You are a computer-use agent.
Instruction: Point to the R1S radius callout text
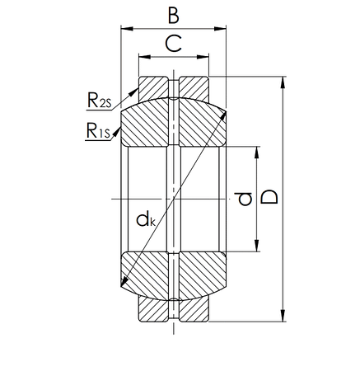pyautogui.click(x=97, y=130)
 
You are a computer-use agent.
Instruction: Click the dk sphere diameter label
pyautogui.click(x=146, y=218)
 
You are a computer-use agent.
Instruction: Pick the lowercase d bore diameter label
pyautogui.click(x=242, y=199)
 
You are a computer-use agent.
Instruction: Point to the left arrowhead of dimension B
pyautogui.click(x=125, y=28)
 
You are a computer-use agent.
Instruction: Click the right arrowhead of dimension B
pyautogui.click(x=222, y=28)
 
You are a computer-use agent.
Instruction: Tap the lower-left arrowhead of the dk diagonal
pyautogui.click(x=124, y=284)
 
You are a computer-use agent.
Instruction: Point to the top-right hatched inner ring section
pyautogui.click(x=198, y=124)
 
